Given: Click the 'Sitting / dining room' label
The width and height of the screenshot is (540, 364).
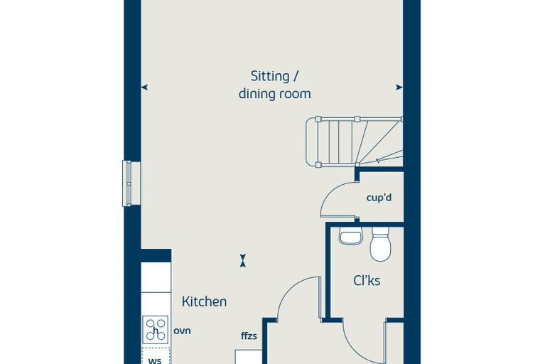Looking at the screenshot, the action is click(x=274, y=85).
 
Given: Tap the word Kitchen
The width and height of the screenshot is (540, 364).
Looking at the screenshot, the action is click(x=204, y=301).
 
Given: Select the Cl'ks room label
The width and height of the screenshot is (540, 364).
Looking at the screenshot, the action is click(x=367, y=281).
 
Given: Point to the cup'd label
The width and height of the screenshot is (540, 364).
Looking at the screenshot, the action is click(x=379, y=198).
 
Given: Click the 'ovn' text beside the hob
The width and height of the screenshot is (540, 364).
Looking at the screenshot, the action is click(x=182, y=331).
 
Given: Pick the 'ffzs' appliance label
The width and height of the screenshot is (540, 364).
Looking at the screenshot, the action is click(x=249, y=336).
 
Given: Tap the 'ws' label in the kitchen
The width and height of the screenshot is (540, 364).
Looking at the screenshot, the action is click(x=155, y=361).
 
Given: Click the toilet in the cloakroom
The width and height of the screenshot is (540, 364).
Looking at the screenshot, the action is click(x=380, y=244).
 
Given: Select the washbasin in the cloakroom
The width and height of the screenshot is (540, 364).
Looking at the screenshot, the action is click(x=350, y=236).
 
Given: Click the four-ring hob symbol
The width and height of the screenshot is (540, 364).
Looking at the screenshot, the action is click(x=156, y=329).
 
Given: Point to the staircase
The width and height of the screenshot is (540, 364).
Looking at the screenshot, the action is click(x=354, y=142).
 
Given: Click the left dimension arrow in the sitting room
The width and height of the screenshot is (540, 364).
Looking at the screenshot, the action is click(x=145, y=87).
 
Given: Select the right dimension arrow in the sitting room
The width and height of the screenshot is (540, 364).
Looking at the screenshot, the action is click(x=399, y=87).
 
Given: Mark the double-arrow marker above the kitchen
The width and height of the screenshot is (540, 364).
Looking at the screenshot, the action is click(x=243, y=261).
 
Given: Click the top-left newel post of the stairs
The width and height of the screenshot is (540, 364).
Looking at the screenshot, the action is click(x=318, y=119).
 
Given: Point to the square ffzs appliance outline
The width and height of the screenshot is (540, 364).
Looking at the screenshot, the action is click(x=249, y=357).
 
